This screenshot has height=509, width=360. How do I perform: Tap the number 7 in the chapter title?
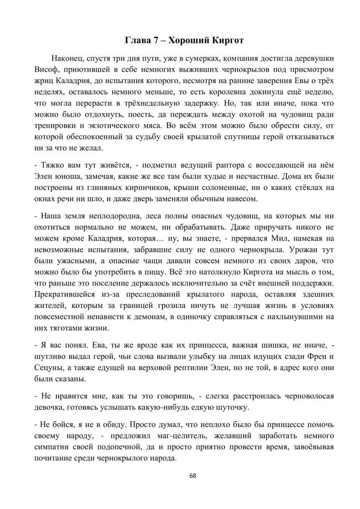pos(156,40)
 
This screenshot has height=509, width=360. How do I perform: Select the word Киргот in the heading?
pos(228,40)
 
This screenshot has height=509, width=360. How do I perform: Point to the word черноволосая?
pos(309,396)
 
